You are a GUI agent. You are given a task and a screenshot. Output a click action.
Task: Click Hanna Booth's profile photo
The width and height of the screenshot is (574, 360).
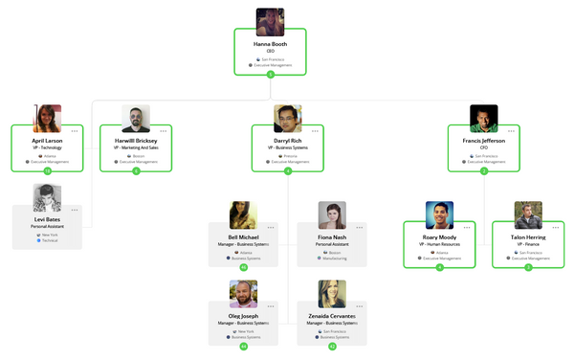click(x=270, y=22)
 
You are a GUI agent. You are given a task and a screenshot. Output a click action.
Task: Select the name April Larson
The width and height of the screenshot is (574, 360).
click(x=47, y=140)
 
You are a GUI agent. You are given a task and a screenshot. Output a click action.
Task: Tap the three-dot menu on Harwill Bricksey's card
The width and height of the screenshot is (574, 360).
click(x=164, y=130)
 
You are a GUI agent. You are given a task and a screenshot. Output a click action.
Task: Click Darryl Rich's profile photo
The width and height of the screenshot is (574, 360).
click(x=288, y=119)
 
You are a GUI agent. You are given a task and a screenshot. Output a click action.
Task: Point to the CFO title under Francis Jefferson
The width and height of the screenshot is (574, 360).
click(x=483, y=146)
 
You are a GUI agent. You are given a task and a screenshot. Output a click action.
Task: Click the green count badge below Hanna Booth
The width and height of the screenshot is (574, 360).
click(x=270, y=74)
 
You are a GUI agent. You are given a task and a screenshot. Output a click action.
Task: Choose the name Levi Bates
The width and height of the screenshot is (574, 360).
click(x=47, y=219)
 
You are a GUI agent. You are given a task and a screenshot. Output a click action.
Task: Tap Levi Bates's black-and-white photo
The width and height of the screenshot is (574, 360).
click(x=47, y=197)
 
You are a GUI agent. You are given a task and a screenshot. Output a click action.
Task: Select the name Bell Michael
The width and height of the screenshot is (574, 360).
click(x=243, y=236)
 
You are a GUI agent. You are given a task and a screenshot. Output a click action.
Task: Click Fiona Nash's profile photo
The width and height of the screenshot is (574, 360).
click(x=332, y=214)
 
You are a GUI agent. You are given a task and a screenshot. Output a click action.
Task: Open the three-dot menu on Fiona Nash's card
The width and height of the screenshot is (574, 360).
click(x=360, y=227)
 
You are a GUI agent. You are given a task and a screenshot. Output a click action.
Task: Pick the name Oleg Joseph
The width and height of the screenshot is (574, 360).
click(x=243, y=315)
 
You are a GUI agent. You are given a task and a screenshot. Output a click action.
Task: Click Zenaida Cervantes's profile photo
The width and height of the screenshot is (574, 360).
click(x=332, y=294)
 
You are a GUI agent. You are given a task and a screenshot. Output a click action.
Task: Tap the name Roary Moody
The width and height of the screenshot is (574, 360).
click(x=439, y=236)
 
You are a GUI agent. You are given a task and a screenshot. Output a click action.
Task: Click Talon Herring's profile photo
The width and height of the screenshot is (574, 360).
click(x=528, y=214)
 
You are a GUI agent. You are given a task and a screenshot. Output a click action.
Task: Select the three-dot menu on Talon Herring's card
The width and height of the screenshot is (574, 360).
click(x=556, y=227)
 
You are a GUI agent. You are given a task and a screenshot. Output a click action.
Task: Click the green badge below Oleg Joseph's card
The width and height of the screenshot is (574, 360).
click(x=243, y=346)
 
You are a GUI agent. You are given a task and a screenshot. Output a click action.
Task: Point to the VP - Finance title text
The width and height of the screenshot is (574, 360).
click(x=528, y=244)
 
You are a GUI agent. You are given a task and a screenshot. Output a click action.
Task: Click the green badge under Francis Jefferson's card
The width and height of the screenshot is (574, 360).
click(x=483, y=170)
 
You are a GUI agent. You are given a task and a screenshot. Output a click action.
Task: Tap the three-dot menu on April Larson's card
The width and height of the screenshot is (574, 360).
click(x=75, y=130)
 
